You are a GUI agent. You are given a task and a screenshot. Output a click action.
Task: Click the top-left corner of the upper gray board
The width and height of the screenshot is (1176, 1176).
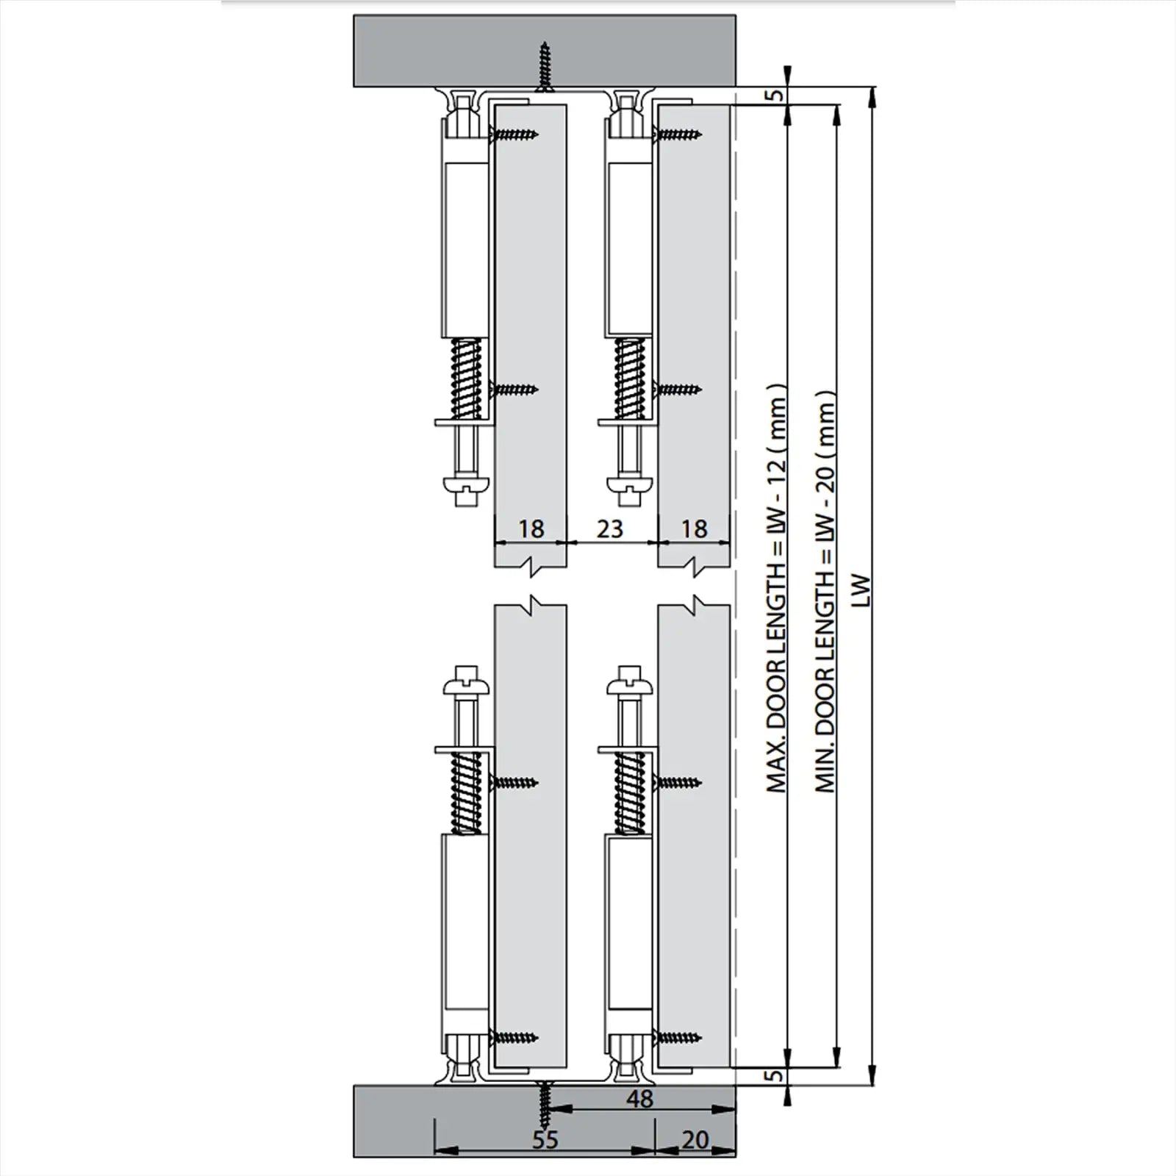354,15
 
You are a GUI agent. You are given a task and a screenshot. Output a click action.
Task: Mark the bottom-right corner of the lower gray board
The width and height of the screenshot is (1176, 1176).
735,1158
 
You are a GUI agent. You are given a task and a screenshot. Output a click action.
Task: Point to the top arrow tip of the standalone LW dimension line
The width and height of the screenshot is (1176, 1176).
872,87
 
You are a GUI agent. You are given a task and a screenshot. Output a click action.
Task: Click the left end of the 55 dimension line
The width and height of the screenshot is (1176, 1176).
436,1151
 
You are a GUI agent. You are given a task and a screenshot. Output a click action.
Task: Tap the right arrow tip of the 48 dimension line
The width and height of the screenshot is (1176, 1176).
735,1113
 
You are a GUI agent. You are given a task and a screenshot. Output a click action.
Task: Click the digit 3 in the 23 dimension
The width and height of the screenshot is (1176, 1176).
617,528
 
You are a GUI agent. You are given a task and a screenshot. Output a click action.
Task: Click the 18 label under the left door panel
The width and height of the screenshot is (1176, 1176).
531,528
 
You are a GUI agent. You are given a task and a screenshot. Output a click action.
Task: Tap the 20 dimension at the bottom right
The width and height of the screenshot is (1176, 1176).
695,1140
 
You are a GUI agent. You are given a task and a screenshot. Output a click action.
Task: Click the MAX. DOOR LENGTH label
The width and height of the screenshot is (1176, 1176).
777,595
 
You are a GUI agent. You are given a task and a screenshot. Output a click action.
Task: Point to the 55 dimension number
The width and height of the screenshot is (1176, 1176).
545,1140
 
